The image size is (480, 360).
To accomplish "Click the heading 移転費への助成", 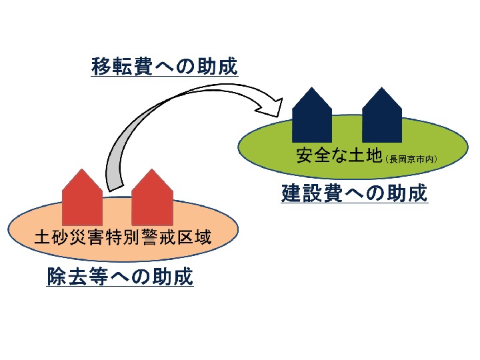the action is (x=165, y=66).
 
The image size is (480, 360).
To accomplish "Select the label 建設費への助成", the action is (x=354, y=193).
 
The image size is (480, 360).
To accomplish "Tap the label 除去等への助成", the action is (x=120, y=277).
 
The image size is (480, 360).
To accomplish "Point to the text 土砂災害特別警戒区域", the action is (x=123, y=237).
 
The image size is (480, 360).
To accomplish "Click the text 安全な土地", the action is (x=339, y=155).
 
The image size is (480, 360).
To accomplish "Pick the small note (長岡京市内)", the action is (x=411, y=159).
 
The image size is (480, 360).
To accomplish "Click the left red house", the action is (x=82, y=197).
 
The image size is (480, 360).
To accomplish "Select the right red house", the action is (x=152, y=197).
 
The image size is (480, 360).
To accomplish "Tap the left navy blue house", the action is (x=312, y=115).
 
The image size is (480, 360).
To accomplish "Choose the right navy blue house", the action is (x=382, y=115).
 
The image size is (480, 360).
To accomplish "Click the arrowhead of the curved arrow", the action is (x=271, y=107).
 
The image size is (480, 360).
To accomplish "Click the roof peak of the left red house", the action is (x=82, y=169).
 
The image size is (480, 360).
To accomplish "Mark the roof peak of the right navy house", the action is (x=382, y=87).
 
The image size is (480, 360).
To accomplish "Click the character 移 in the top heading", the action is (x=101, y=66).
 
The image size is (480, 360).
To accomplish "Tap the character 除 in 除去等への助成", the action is (x=57, y=277).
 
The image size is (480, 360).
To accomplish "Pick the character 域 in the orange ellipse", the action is (x=202, y=237).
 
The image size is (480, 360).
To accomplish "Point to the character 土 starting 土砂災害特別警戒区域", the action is (x=43, y=237).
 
